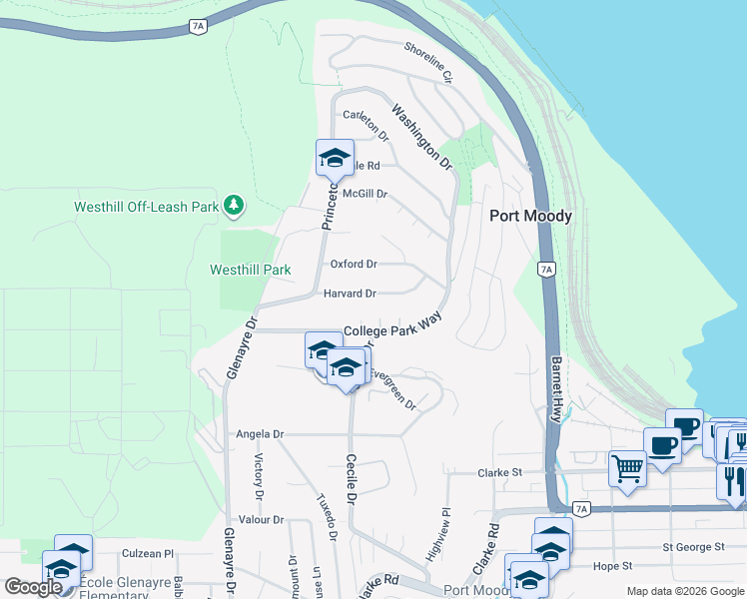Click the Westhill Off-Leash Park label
coord(146,208)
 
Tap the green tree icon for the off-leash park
coord(234,205)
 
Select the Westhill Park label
coord(250,270)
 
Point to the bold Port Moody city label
coord(530,216)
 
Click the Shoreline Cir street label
coord(428,62)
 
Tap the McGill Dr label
coord(364,195)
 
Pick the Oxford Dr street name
coord(354,265)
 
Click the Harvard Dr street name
coord(350,294)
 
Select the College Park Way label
coord(392,329)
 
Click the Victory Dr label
coord(259,476)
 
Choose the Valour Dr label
coord(261,520)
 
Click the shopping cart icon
coord(627,466)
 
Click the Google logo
coord(33,586)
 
